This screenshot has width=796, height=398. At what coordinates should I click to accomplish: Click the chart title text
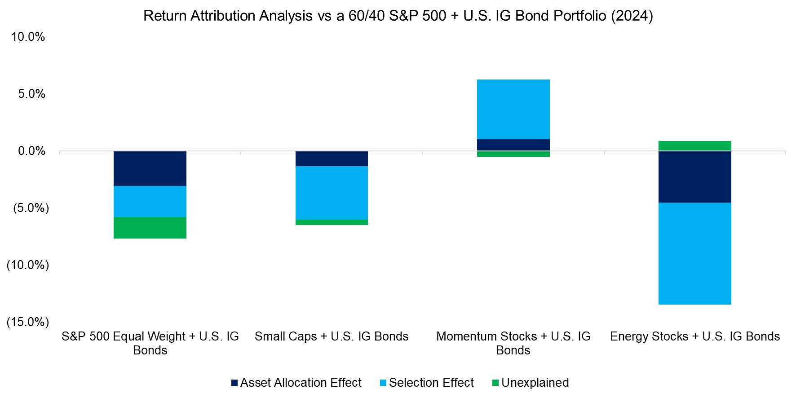(x=398, y=16)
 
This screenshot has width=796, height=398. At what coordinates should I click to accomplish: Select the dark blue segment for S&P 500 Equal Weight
(x=150, y=168)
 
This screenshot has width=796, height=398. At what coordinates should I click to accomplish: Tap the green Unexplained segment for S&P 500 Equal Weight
(x=150, y=228)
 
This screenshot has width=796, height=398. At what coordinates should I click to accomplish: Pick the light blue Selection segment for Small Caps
(x=332, y=193)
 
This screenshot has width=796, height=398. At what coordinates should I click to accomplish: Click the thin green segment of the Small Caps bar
(x=332, y=222)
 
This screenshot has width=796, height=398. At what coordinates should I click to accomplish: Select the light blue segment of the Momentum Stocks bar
(x=513, y=109)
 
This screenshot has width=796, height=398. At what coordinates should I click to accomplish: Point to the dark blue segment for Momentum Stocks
(x=513, y=145)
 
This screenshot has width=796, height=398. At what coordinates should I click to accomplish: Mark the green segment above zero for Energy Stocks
(x=694, y=146)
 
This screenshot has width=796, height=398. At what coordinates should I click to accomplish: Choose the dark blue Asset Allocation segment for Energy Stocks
(x=694, y=177)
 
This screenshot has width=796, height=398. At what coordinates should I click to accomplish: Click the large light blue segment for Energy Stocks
(x=694, y=253)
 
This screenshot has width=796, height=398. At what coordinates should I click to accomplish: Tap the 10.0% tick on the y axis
(x=28, y=37)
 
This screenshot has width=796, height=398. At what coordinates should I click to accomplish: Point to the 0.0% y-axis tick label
(x=31, y=151)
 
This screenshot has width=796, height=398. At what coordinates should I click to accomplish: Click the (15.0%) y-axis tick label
(x=27, y=322)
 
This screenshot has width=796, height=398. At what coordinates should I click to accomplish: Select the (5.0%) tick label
(x=31, y=208)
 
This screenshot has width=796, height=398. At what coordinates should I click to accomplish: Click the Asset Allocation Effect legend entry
(x=296, y=383)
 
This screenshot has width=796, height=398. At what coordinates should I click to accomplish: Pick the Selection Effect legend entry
(x=427, y=383)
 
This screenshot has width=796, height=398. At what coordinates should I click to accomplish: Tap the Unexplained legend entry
(x=531, y=383)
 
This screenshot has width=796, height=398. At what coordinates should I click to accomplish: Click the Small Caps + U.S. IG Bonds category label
(x=332, y=336)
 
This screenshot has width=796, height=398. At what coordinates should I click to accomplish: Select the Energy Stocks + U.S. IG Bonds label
(x=694, y=336)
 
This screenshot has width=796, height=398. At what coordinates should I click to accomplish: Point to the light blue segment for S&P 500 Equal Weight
(x=150, y=201)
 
